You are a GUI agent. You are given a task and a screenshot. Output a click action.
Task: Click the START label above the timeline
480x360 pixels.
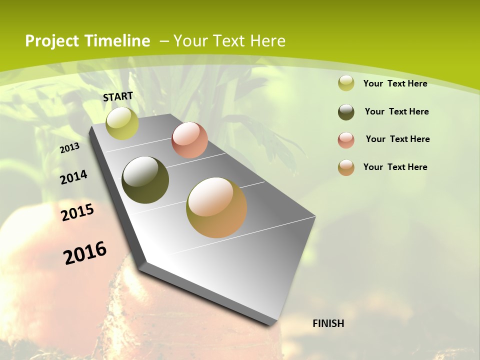pos(118,96)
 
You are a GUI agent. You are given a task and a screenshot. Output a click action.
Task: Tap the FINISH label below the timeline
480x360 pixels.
pos(328,323)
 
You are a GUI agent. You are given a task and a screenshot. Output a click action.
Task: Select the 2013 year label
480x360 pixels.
pos(69,148)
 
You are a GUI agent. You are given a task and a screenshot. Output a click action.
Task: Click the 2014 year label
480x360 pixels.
pos(73,177)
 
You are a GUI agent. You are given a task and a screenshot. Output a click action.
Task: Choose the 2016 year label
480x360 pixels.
pos(85,253)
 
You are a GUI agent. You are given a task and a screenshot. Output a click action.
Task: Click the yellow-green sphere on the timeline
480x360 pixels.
pos(122,123)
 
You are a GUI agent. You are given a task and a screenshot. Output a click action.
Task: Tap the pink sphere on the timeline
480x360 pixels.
pos(189,140)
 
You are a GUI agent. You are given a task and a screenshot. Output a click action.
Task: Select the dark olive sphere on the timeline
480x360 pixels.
pos(145,180)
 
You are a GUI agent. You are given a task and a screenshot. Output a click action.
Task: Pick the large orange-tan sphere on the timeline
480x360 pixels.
pos(216,207)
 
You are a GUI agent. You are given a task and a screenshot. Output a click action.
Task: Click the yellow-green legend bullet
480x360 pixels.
pos(346,83)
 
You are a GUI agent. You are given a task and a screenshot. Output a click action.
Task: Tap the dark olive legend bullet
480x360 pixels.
pos(346,111)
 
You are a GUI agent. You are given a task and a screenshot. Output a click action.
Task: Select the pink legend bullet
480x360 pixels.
pos(346,139)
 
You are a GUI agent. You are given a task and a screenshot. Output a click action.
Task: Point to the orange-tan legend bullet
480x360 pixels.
pos(346,167)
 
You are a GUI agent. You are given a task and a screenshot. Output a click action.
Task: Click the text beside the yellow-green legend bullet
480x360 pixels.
pos(395,83)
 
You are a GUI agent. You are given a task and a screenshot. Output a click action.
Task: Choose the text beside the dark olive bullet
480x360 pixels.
pos(396,111)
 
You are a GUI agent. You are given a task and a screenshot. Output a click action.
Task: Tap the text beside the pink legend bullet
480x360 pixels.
pos(397,139)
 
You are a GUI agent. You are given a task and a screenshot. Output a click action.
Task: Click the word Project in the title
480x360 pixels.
pos(52,41)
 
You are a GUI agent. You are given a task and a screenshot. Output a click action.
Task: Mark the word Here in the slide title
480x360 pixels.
pos(267,41)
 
